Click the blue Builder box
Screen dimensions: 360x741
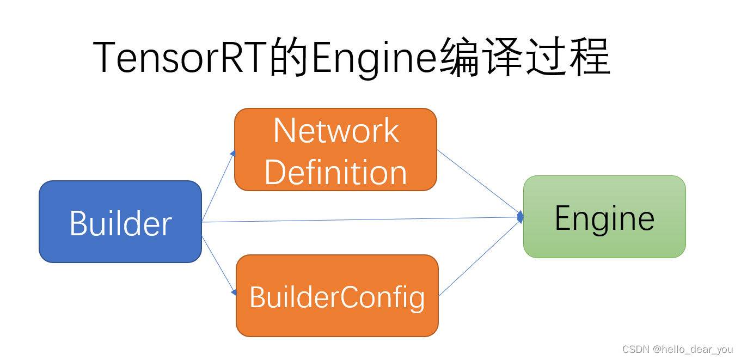(x=120, y=222)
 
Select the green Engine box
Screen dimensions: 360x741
(x=604, y=217)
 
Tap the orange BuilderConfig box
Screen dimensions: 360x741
(x=337, y=296)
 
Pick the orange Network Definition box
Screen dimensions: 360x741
(x=335, y=150)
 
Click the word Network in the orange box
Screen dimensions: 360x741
(x=336, y=131)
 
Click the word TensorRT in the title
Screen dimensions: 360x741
(x=181, y=57)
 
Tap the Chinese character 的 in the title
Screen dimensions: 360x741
(x=289, y=57)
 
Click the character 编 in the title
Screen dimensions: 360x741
(x=459, y=57)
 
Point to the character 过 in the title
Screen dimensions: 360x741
(x=546, y=57)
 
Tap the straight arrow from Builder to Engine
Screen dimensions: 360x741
(x=359, y=219)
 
